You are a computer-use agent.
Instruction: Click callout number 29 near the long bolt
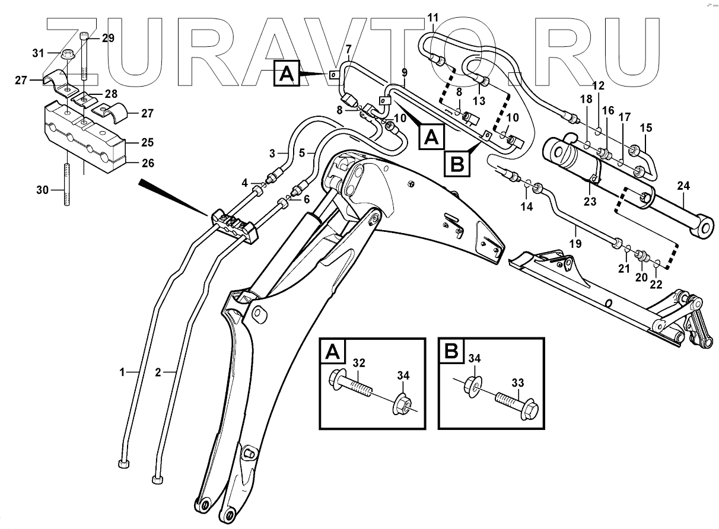108,39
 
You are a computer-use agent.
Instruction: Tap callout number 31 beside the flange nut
39,53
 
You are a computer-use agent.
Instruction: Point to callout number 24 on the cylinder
684,186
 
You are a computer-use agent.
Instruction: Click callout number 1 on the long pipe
123,372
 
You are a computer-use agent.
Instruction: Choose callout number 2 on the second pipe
158,372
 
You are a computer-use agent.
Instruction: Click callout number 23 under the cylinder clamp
590,202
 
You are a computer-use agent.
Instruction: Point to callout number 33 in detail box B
518,383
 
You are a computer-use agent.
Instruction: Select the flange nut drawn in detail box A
403,405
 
